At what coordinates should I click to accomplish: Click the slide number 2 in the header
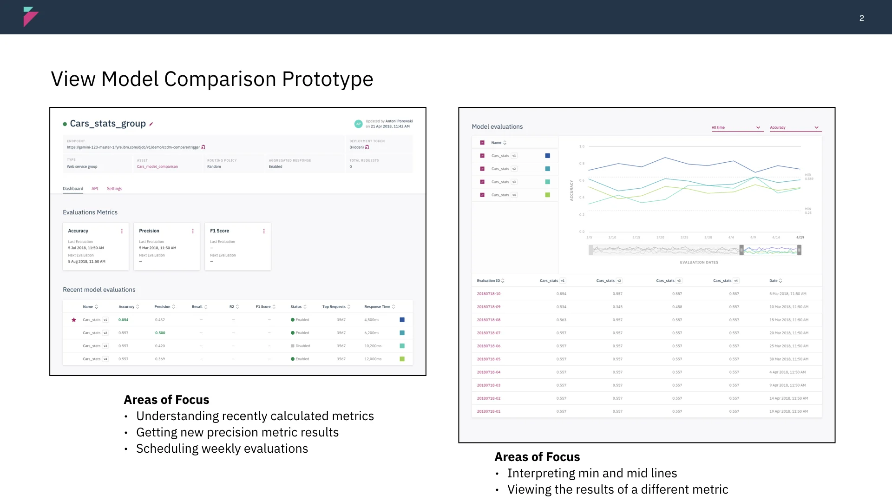pos(861,18)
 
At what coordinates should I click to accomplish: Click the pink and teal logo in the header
pos(30,17)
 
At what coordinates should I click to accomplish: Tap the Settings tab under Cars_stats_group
pos(114,189)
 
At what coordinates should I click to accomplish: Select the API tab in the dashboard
pos(95,189)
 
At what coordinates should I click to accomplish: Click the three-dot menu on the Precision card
pos(193,231)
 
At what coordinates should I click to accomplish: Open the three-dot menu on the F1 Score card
pos(264,231)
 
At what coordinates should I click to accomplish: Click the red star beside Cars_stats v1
pos(74,320)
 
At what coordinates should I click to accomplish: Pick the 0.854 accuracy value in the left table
pos(123,320)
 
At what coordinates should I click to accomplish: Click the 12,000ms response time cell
pos(373,359)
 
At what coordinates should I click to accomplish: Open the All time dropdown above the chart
pos(736,127)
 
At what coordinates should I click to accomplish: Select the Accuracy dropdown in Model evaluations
pos(794,127)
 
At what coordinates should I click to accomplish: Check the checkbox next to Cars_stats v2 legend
pos(482,169)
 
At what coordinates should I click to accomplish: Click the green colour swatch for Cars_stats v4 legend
pos(547,195)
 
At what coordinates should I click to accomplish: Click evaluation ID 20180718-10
pos(489,294)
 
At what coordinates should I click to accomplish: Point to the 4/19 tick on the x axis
pos(800,238)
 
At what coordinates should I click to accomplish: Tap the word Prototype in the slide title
pos(328,79)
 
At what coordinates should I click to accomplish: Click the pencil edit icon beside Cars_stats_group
pos(151,124)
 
